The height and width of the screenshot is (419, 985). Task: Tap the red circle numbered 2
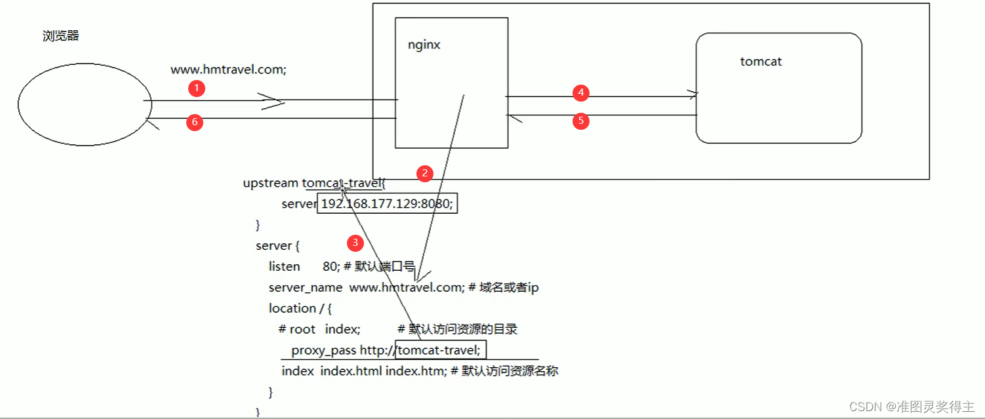pos(424,173)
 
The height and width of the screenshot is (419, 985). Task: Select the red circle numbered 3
pos(355,243)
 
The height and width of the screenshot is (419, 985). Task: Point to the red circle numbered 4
pos(580,93)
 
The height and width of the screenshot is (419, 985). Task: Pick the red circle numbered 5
pos(580,121)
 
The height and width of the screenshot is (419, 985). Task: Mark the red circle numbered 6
pos(195,122)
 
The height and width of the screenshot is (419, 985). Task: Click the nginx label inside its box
pos(424,45)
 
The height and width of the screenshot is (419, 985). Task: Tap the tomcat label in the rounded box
pos(761,62)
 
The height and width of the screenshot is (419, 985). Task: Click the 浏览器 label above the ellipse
pos(61,36)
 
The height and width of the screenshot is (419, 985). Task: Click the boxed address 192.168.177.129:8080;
pos(387,204)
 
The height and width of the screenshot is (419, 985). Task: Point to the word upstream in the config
pos(270,183)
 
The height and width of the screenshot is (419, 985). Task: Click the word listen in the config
pos(284,267)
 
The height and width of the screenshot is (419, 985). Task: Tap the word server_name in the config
pos(305,287)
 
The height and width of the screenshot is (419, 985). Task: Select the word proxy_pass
pos(324,350)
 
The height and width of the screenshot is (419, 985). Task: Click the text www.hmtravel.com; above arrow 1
pos(229,70)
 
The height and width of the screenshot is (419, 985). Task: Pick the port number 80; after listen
pos(331,267)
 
